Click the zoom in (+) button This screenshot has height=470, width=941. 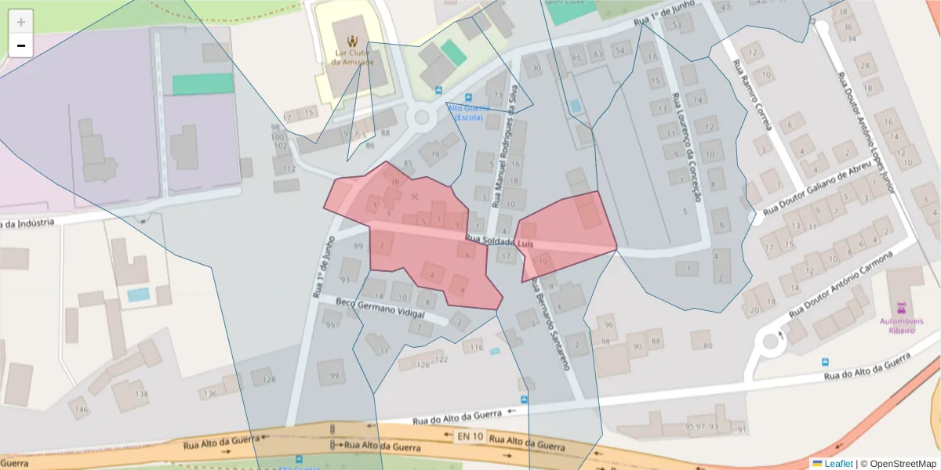tap(21, 22)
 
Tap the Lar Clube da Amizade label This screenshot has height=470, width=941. tap(352, 57)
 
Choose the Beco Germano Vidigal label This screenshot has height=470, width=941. tap(380, 308)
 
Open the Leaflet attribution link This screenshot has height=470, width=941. tap(837, 464)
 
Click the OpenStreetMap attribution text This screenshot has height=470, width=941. tap(903, 464)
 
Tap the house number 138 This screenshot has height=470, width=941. tap(141, 393)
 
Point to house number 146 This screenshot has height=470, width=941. tap(79, 408)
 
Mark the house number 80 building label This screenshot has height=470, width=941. tap(707, 345)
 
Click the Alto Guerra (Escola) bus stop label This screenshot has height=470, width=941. tap(468, 113)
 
